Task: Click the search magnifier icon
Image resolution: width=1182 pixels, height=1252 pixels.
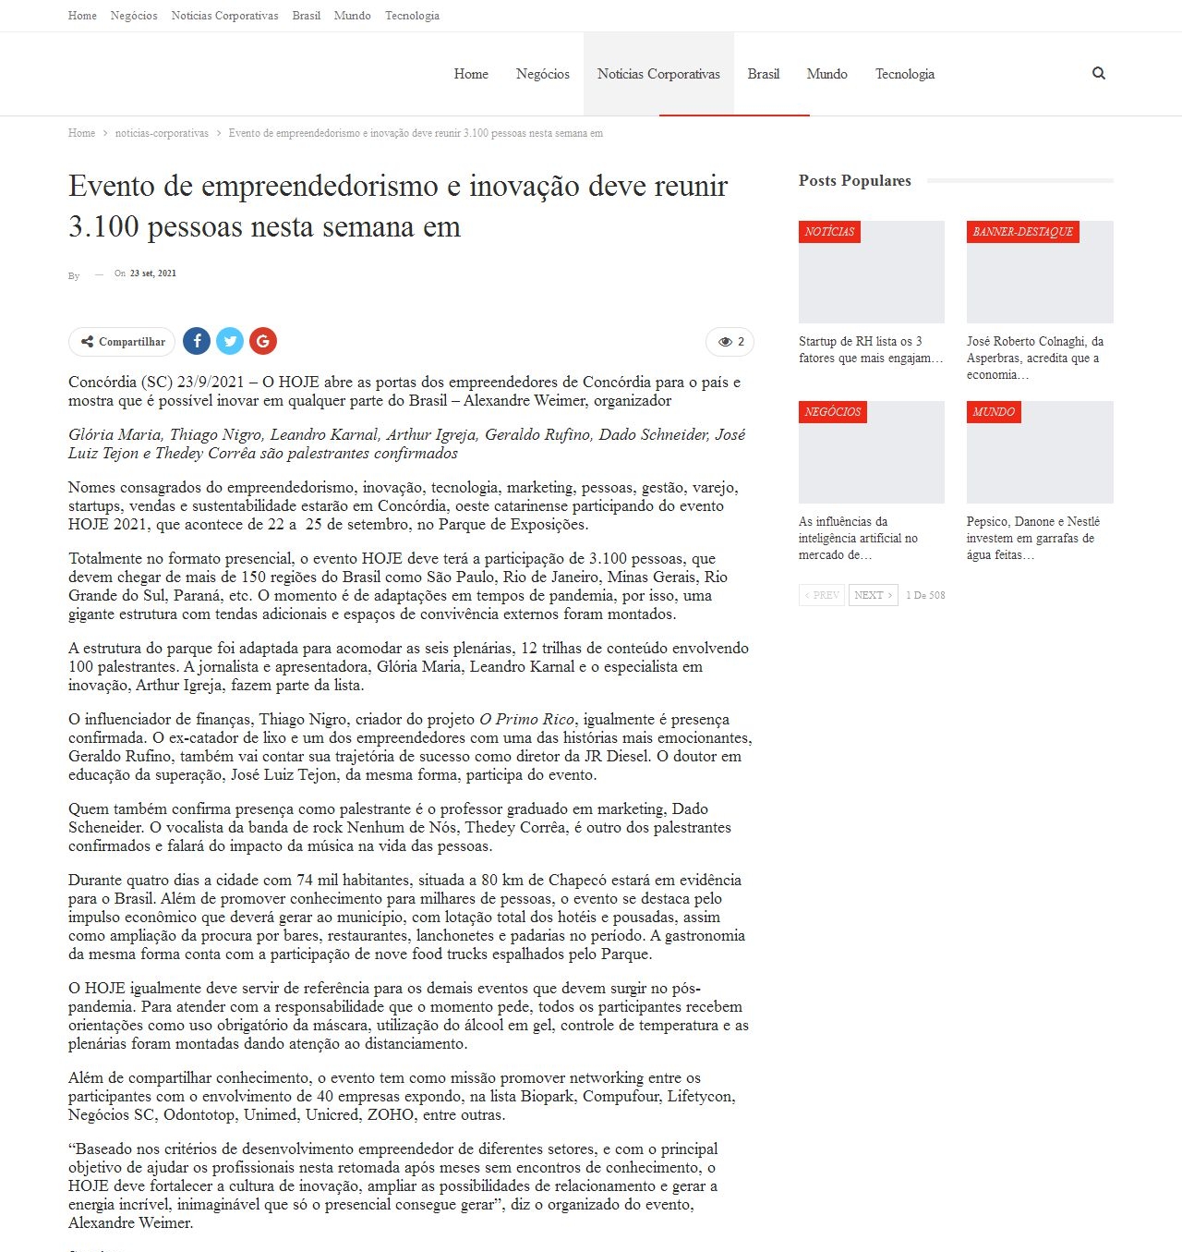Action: click(1098, 74)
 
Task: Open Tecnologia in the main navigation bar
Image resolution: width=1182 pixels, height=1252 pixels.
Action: click(904, 74)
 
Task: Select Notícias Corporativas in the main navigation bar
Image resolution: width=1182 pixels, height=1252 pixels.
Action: click(658, 74)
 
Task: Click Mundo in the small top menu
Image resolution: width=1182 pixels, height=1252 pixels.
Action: click(352, 16)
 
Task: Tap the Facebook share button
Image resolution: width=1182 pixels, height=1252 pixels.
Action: click(197, 341)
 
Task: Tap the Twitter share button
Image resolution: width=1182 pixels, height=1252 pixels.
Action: click(230, 341)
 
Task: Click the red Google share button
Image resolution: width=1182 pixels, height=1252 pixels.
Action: click(263, 341)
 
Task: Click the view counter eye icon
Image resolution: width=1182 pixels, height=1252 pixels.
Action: click(725, 342)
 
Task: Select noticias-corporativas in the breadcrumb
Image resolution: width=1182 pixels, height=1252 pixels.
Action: click(162, 133)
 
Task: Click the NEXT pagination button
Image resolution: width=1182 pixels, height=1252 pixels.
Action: click(873, 595)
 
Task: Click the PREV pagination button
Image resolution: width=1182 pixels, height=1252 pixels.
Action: click(822, 595)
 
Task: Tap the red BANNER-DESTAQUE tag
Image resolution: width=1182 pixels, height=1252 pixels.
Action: click(1022, 232)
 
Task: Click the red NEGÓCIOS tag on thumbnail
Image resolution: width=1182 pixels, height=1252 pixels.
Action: click(832, 412)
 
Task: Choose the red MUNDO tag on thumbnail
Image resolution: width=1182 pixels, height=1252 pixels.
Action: click(993, 412)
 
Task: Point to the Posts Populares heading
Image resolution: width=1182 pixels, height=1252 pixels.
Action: click(854, 180)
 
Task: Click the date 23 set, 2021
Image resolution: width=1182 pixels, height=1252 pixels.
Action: click(152, 273)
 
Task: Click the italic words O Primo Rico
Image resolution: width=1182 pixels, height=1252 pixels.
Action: click(526, 719)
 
